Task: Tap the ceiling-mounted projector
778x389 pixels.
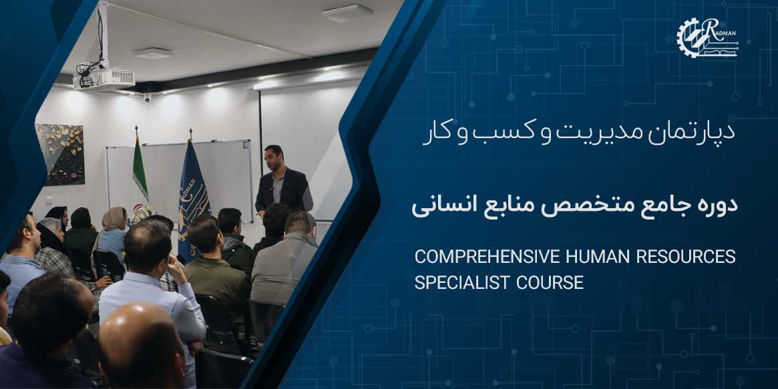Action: pos(104,78)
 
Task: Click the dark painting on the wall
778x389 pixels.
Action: pos(60,154)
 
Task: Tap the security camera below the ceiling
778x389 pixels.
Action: pos(147,97)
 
